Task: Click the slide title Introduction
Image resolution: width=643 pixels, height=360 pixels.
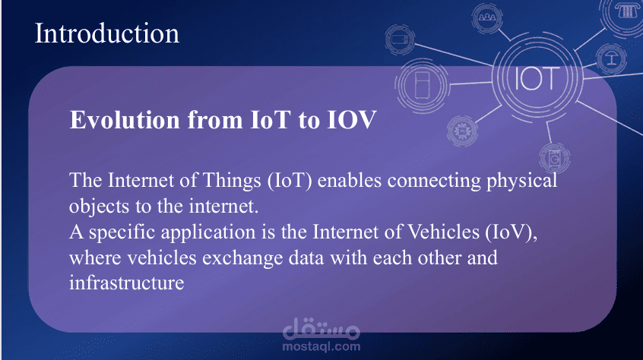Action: [106, 33]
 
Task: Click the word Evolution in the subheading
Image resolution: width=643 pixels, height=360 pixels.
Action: [125, 119]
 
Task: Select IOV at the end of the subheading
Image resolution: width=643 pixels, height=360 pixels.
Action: [351, 119]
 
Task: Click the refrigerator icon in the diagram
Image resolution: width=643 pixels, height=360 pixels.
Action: [423, 85]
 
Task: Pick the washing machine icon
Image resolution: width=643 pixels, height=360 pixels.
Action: [554, 158]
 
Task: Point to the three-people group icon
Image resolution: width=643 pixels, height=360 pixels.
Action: [487, 17]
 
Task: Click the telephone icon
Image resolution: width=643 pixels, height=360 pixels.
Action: [626, 11]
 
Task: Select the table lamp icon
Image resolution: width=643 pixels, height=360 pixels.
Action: [611, 58]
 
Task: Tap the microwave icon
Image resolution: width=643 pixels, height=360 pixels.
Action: [400, 39]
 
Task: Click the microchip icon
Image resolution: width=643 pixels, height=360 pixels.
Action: [462, 131]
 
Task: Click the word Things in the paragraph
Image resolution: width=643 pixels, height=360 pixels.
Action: [232, 180]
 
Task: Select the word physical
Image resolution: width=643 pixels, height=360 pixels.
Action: [521, 181]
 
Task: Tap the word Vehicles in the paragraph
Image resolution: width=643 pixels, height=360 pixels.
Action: [443, 232]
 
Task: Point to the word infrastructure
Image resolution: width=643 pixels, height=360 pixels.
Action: [127, 283]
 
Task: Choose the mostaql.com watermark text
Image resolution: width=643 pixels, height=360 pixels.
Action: [321, 346]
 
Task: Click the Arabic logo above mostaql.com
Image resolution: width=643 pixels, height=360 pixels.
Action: [321, 328]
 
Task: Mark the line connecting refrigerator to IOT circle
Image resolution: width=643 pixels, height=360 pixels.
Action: [470, 84]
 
